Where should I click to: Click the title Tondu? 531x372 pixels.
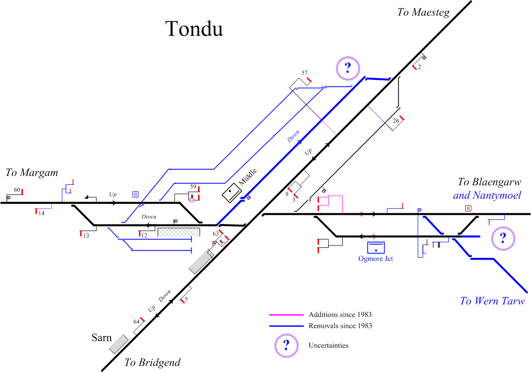click(x=194, y=29)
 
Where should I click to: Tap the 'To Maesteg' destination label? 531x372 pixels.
click(x=423, y=13)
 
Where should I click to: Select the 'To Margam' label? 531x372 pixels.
click(x=32, y=173)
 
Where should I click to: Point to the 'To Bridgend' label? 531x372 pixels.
click(x=152, y=363)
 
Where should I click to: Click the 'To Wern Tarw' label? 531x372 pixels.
click(x=492, y=301)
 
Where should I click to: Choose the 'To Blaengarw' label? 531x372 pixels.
click(x=489, y=182)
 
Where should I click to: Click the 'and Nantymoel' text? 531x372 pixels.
click(x=487, y=195)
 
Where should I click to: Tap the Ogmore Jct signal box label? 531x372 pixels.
click(x=375, y=258)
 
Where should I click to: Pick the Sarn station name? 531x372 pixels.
click(x=102, y=337)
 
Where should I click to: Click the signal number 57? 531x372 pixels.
click(x=304, y=73)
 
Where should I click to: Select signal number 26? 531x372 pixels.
click(x=396, y=121)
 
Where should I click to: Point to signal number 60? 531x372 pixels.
click(x=17, y=190)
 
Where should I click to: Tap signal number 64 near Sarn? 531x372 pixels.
click(x=137, y=321)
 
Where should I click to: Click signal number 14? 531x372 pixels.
click(x=41, y=213)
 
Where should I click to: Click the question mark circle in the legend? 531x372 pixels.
click(x=286, y=346)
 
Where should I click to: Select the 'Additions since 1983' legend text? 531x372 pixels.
click(x=340, y=315)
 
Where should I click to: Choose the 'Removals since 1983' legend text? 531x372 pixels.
click(x=340, y=326)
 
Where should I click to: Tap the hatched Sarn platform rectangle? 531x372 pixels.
click(x=119, y=344)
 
